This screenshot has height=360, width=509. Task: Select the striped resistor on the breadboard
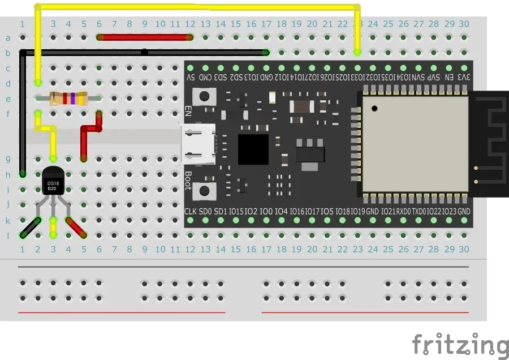pos(68,98)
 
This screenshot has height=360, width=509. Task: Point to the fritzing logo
pos(460,345)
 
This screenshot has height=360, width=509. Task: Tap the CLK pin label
pos(191,211)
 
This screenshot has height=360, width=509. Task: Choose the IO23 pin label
pos(449,211)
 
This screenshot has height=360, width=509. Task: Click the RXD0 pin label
pos(403,211)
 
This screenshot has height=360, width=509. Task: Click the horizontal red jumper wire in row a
pos(145,37)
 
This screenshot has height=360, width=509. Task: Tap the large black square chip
pos(253,149)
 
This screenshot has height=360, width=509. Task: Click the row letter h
pos(8,174)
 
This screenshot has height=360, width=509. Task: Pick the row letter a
pos(8,38)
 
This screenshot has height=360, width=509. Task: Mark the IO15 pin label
pos(236,211)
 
